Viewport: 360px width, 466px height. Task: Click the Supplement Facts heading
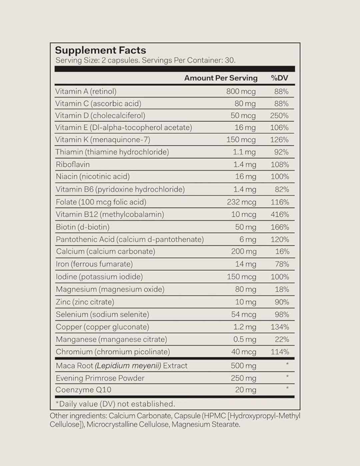[x=100, y=50]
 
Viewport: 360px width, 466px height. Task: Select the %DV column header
[x=279, y=78]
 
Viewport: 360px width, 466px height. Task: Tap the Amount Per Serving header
[x=221, y=78]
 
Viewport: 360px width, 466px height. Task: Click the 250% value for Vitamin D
[x=279, y=116]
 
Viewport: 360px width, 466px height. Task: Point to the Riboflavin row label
[x=73, y=164]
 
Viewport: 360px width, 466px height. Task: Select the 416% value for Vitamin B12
[x=280, y=214]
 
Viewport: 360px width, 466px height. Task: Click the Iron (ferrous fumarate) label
[x=94, y=264]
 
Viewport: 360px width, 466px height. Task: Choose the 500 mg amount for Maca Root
[x=243, y=366]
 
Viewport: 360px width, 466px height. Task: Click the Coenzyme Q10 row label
[x=83, y=390]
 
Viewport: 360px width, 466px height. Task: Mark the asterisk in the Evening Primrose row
[x=287, y=377]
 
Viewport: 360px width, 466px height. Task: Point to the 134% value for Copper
[x=280, y=327]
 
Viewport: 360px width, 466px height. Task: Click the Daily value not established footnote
[x=115, y=404]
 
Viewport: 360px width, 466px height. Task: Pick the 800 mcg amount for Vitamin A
[x=241, y=91]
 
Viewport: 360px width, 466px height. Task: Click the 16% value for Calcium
[x=282, y=252]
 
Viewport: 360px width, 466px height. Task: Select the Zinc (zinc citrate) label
[x=85, y=302]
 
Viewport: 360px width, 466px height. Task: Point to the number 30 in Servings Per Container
[x=230, y=60]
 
